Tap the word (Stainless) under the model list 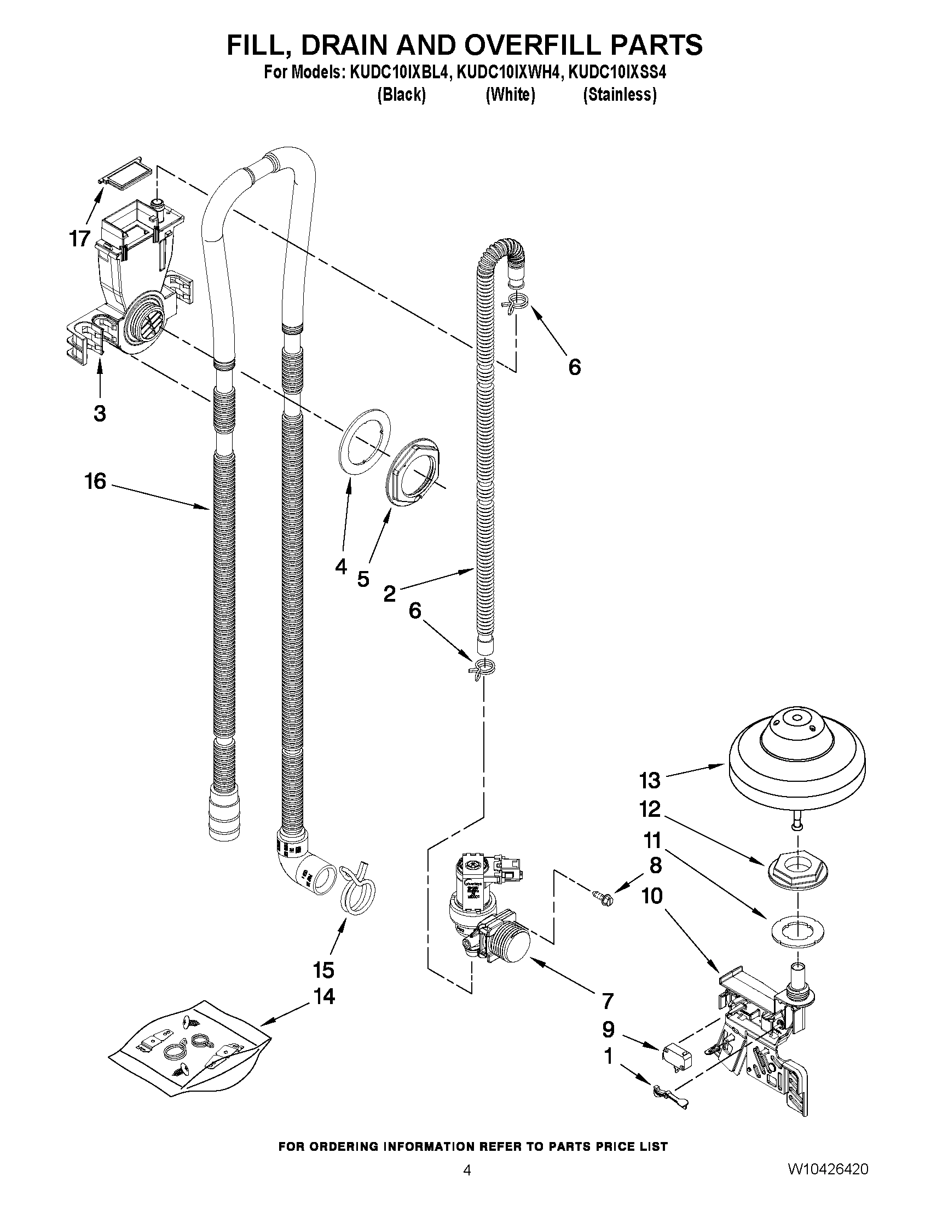pos(620,95)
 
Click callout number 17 pos(79,238)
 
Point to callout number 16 pos(95,481)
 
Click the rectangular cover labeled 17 pos(125,176)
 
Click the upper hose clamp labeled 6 pos(516,303)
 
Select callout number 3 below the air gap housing pos(99,413)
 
